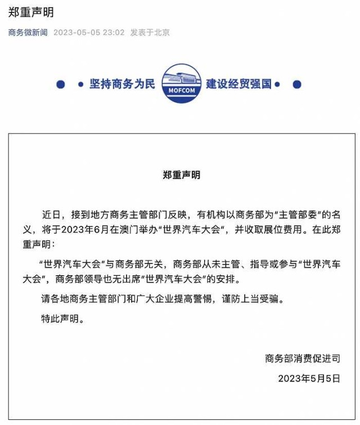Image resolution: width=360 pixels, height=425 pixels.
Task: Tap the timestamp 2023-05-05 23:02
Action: coord(89,33)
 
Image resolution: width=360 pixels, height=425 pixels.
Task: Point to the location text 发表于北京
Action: coord(150,33)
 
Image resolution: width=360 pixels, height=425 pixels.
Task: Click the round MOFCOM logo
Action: coord(181,84)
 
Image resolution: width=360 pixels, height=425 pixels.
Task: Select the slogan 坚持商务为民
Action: coord(121,84)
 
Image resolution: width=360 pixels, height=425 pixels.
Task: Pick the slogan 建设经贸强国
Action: coord(238,84)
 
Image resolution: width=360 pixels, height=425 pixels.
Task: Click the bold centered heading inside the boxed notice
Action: coord(181,175)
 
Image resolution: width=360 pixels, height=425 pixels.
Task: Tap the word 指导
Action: coord(238,263)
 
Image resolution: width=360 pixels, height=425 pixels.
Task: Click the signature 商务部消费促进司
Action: coord(303,358)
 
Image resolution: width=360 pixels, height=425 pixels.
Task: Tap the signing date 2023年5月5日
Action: coord(309,378)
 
